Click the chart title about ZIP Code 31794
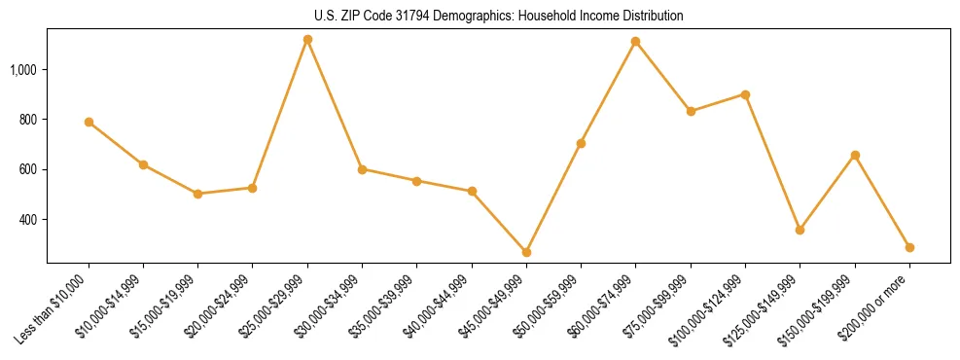[x=499, y=17]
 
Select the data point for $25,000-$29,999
[x=307, y=40]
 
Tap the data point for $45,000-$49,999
[x=526, y=252]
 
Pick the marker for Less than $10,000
[x=89, y=122]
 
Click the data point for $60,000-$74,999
[x=635, y=42]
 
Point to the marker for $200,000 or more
[x=909, y=247]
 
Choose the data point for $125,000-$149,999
[x=800, y=230]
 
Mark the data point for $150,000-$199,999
[x=855, y=155]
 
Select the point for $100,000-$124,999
[x=745, y=94]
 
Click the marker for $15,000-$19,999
[x=197, y=194]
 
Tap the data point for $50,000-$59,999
[x=581, y=143]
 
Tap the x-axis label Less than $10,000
[x=53, y=308]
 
